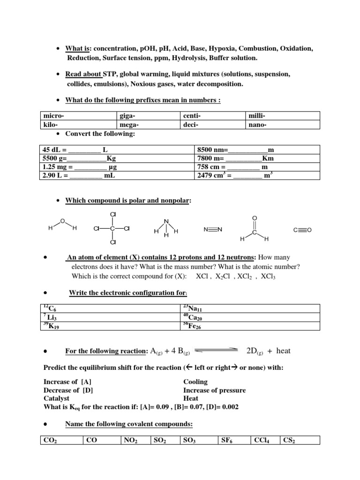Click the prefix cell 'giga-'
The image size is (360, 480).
pyautogui.click(x=127, y=116)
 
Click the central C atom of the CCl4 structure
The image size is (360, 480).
pyautogui.click(x=112, y=229)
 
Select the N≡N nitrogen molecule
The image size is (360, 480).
pyautogui.click(x=213, y=229)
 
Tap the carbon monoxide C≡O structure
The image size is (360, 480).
pyautogui.click(x=302, y=230)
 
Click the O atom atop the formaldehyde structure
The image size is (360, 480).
pyautogui.click(x=254, y=217)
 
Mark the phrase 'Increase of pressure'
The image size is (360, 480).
pyautogui.click(x=214, y=390)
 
